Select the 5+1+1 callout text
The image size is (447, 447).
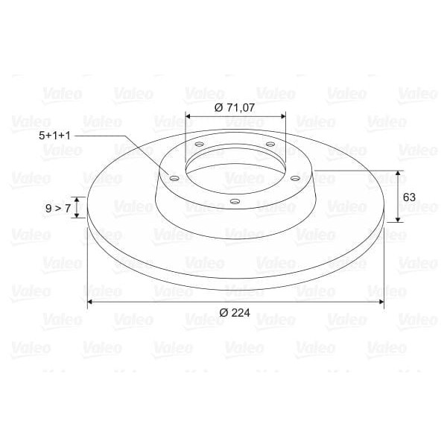coord(55,136)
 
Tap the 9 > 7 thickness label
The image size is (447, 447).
coord(57,209)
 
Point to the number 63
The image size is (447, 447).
coord(408,197)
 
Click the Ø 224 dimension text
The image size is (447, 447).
coord(235,314)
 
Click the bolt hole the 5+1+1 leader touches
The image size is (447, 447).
coord(174,179)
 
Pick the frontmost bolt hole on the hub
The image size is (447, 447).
coord(234,201)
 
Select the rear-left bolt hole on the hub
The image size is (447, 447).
coord(199,145)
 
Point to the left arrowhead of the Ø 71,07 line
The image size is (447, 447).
coord(188,116)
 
